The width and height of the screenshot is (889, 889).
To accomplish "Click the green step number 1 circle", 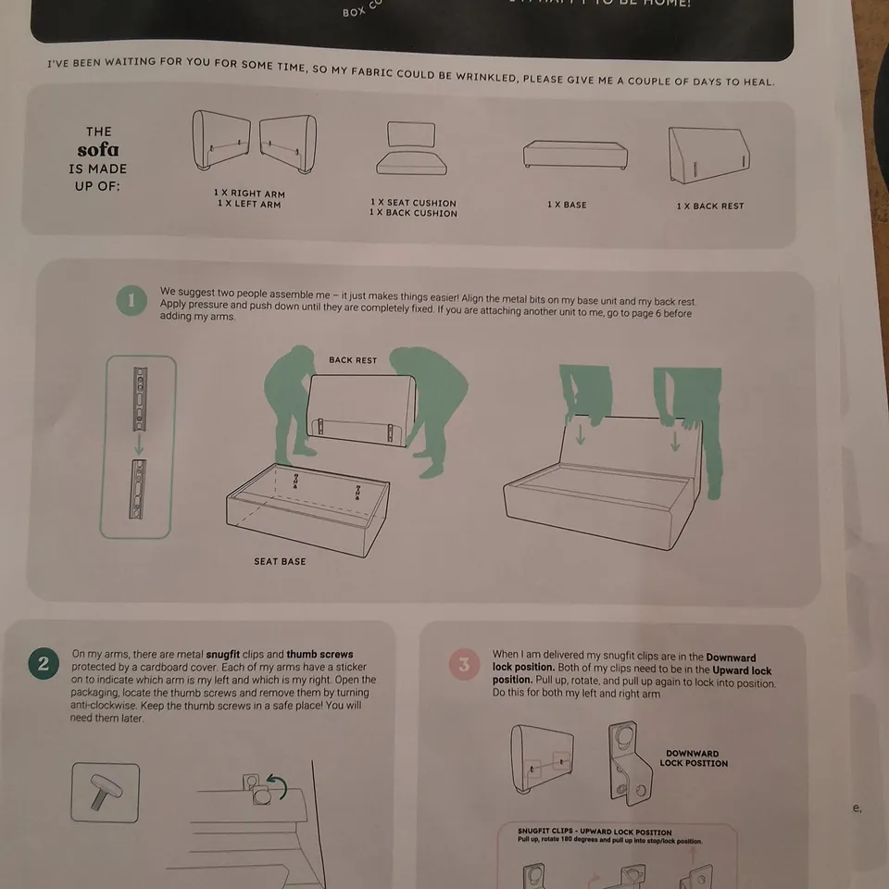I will tap(131, 300).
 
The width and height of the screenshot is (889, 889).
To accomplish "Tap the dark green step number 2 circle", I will tap(44, 663).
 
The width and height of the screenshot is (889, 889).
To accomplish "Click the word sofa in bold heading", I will tap(97, 150).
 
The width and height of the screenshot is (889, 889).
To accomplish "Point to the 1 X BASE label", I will tap(567, 205).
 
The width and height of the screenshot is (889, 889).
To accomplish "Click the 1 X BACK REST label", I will tap(709, 206).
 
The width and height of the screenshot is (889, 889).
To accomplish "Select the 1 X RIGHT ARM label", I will tap(249, 194).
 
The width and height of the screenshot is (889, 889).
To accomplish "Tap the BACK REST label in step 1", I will tap(353, 360).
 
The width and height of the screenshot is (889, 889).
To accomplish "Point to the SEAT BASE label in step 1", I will tap(280, 561).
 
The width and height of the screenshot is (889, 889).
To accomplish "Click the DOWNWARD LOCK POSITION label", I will tap(693, 758).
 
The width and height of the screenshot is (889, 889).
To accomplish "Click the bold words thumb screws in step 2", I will tap(319, 654).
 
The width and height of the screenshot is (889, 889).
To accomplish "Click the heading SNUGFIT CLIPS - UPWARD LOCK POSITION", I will tap(595, 833).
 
